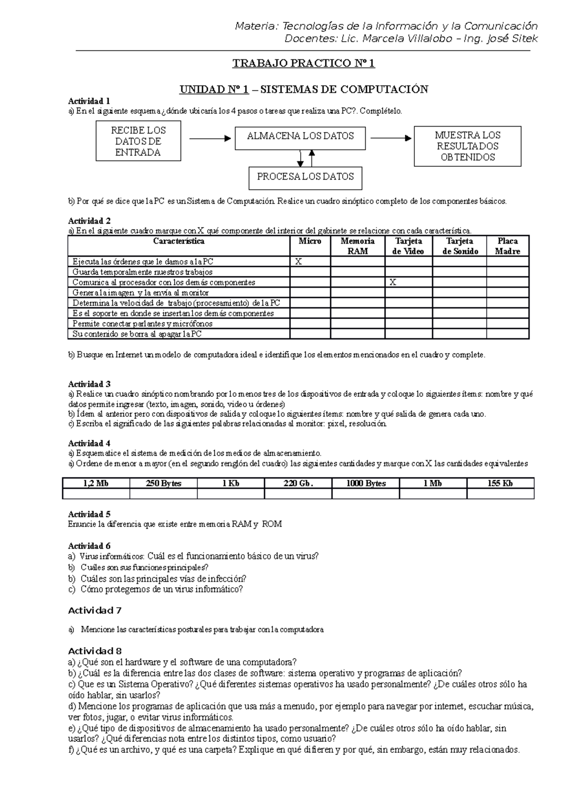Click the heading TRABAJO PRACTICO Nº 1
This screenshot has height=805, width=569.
click(303, 64)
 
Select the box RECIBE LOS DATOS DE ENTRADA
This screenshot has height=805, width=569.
click(138, 141)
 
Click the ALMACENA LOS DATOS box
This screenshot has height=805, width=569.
click(300, 137)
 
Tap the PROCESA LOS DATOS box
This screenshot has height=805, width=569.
click(305, 177)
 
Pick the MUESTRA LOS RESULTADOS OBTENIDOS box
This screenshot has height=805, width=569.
click(467, 146)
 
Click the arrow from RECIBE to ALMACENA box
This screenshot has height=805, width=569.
click(209, 138)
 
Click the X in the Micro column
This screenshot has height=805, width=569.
click(298, 261)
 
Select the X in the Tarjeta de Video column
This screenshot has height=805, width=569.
click(393, 282)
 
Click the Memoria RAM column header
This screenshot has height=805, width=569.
click(357, 246)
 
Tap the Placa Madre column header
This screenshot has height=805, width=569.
click(507, 246)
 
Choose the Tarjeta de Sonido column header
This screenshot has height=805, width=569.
click(459, 246)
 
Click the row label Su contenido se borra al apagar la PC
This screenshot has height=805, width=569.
click(137, 334)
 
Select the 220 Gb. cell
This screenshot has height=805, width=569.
click(298, 484)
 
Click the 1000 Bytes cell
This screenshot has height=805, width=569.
click(365, 484)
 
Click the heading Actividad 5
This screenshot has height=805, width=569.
click(89, 514)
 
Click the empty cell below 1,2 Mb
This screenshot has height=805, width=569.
click(96, 494)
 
